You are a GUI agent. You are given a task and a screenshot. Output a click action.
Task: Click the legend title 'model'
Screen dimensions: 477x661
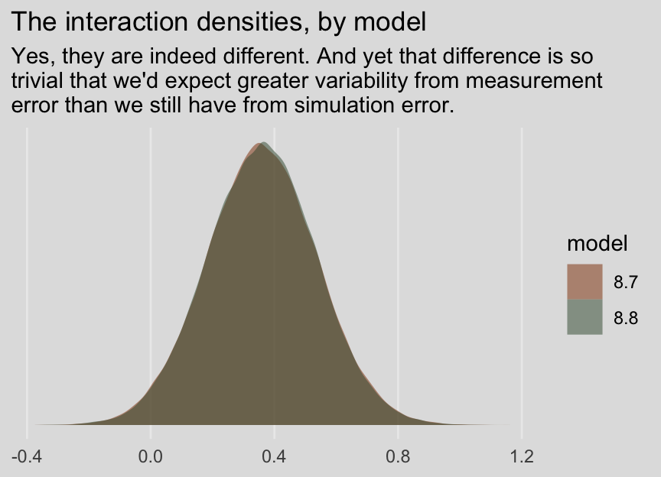point(597,244)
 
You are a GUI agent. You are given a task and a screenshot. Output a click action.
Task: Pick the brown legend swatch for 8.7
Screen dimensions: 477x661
point(584,282)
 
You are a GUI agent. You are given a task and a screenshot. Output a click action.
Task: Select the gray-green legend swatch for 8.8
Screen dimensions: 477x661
point(584,316)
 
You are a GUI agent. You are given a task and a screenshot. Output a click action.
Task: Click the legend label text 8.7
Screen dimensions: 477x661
point(625,283)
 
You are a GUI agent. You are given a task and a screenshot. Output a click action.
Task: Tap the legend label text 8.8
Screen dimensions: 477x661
point(625,317)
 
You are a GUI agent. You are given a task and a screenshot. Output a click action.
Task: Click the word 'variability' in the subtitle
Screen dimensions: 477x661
point(372,80)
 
